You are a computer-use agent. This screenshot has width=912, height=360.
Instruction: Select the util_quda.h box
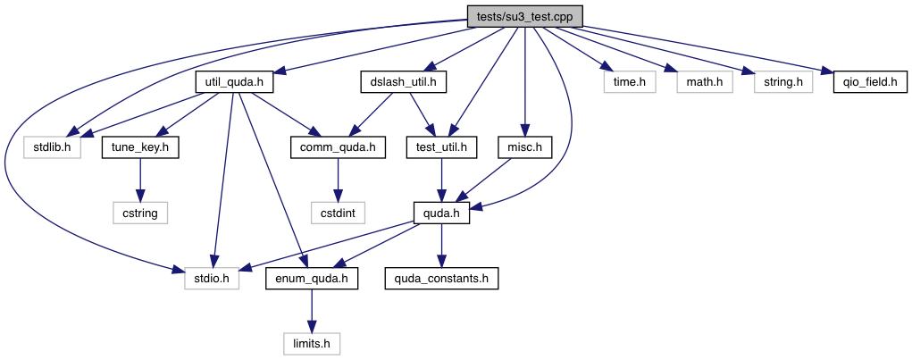(233, 83)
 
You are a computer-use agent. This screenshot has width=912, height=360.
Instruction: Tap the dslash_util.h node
(403, 83)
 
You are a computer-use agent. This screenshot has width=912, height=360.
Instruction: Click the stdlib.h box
(53, 147)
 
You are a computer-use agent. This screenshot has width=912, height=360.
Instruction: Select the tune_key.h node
(140, 147)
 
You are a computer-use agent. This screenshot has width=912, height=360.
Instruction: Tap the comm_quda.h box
(338, 147)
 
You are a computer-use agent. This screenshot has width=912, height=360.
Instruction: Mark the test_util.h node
(442, 147)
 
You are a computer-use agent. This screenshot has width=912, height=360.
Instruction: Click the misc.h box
(525, 147)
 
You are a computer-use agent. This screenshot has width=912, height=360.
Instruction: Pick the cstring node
(140, 213)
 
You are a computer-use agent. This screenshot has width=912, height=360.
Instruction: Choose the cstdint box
(338, 213)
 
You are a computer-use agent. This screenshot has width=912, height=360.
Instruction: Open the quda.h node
(441, 213)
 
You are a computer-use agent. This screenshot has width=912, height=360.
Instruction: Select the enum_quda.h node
(312, 279)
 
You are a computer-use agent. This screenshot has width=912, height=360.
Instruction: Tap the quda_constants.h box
(441, 279)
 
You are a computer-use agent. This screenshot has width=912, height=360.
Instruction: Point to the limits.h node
(312, 342)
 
